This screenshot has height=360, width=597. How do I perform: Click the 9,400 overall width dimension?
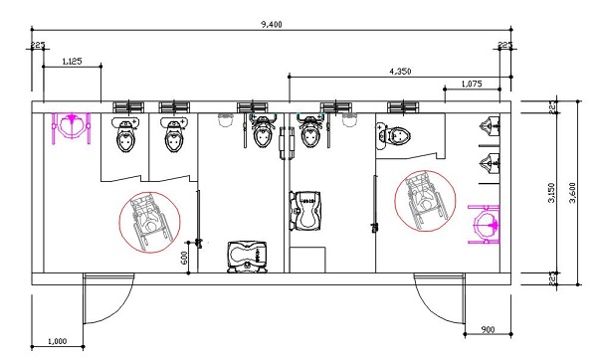click(272, 24)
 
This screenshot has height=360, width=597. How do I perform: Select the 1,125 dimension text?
click(72, 61)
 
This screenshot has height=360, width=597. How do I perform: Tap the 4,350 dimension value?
click(400, 72)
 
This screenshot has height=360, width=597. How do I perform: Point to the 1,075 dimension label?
click(472, 84)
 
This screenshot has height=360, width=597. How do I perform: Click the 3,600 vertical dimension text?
click(573, 193)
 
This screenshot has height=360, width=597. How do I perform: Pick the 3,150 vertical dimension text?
click(552, 193)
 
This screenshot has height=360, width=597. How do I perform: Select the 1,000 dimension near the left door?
click(57, 341)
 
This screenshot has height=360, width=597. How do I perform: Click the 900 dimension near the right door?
click(488, 329)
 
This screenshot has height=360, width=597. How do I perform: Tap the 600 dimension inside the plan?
click(184, 259)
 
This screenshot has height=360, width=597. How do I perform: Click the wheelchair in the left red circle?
click(149, 222)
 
